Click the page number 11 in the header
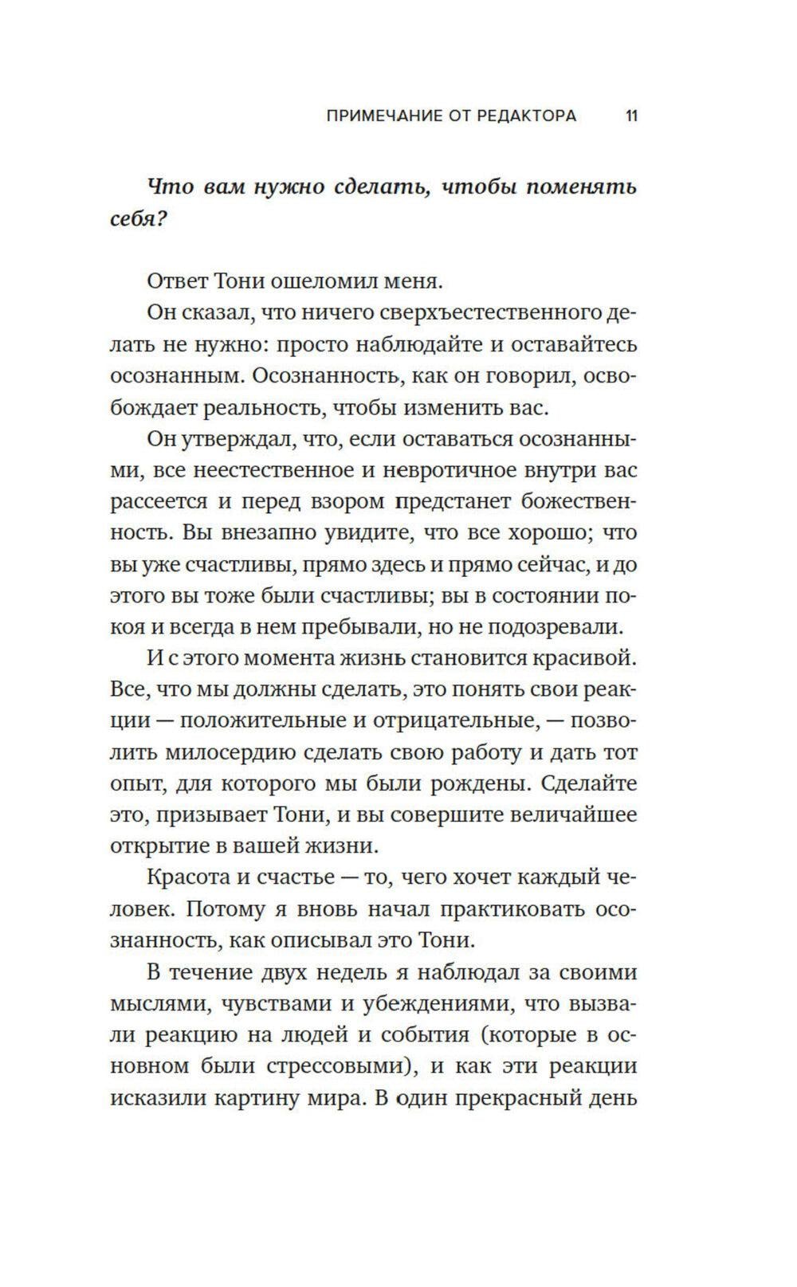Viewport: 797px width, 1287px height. (630, 116)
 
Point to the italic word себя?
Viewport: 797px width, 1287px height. (138, 218)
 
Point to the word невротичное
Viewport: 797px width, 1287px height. (450, 470)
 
